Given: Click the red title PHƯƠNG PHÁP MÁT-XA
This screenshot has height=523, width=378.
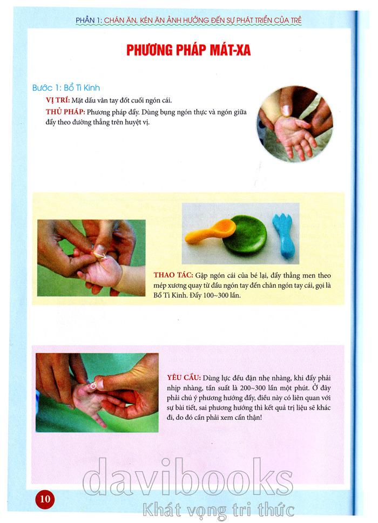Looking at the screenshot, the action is click(188, 50).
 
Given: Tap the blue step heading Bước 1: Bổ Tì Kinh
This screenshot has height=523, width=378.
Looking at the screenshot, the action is click(66, 88).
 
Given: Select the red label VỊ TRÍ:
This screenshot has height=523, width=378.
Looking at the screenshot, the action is click(58, 100).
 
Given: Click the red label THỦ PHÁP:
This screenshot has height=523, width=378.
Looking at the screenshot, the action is click(65, 112).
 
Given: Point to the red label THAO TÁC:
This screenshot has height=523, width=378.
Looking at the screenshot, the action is click(173, 275).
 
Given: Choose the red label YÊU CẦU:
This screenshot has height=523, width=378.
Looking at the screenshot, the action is click(184, 378).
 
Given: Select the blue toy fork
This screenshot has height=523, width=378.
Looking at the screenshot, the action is click(284, 236).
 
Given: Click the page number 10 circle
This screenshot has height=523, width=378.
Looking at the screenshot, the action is click(45, 499).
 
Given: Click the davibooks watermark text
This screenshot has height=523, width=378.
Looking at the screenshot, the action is click(187, 478).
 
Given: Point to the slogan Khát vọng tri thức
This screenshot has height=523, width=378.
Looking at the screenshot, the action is click(219, 510).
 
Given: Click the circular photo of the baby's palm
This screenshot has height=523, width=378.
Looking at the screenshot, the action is click(295, 124).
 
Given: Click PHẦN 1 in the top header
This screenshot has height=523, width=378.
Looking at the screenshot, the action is click(89, 20).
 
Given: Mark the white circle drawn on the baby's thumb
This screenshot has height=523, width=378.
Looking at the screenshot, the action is click(93, 385).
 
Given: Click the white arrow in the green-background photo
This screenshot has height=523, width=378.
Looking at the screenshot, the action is click(100, 255).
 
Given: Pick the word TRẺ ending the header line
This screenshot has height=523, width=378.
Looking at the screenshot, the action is click(296, 20).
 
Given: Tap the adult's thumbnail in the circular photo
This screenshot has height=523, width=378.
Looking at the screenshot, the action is click(286, 110).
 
